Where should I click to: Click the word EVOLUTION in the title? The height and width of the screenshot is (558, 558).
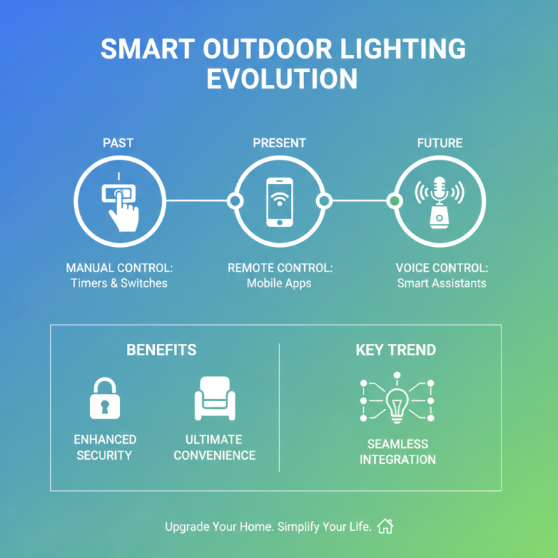tap(282, 78)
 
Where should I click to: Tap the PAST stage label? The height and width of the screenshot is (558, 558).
tap(118, 143)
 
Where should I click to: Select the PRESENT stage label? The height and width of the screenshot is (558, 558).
tap(279, 143)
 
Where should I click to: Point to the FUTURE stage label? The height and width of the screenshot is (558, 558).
tap(439, 143)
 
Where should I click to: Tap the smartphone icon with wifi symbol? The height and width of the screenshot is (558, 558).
tap(279, 202)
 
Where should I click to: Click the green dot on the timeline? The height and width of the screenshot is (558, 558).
tap(395, 201)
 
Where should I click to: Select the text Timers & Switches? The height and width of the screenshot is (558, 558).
tap(119, 283)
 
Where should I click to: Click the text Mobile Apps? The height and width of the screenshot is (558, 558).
tap(280, 283)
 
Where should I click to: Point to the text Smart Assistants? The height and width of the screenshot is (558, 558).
tap(442, 283)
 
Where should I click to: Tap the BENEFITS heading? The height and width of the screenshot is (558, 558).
tap(161, 350)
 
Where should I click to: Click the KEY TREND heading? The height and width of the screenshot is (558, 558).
tap(396, 350)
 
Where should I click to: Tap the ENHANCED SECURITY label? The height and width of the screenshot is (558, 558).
tap(105, 447)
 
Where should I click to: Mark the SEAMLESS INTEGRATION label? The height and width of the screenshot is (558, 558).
tap(398, 451)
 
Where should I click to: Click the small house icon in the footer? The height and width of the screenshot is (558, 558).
tap(385, 526)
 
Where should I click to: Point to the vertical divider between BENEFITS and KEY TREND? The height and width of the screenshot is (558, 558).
tap(279, 407)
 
